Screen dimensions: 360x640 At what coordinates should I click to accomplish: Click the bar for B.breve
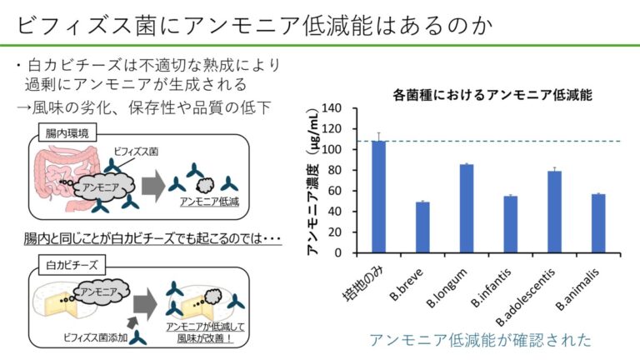click(x=422, y=227)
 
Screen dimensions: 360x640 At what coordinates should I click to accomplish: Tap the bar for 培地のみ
click(x=378, y=197)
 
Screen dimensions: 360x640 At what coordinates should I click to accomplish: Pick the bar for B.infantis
click(x=511, y=224)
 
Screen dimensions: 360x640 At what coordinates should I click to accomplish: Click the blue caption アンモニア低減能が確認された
click(x=482, y=340)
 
